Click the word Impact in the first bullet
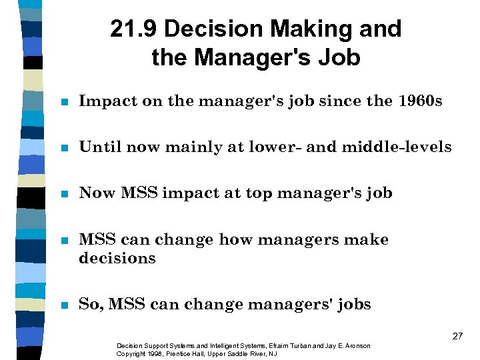(x=102, y=101)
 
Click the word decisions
(x=117, y=258)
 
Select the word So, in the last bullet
(x=91, y=304)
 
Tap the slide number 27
(x=457, y=336)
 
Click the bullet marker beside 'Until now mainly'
(x=64, y=148)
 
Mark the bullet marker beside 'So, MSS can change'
(x=64, y=305)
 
